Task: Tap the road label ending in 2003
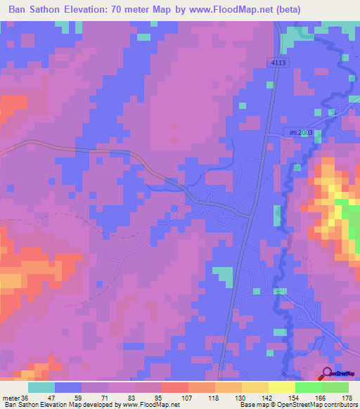coord(302,132)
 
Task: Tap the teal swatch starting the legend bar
coord(41,387)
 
